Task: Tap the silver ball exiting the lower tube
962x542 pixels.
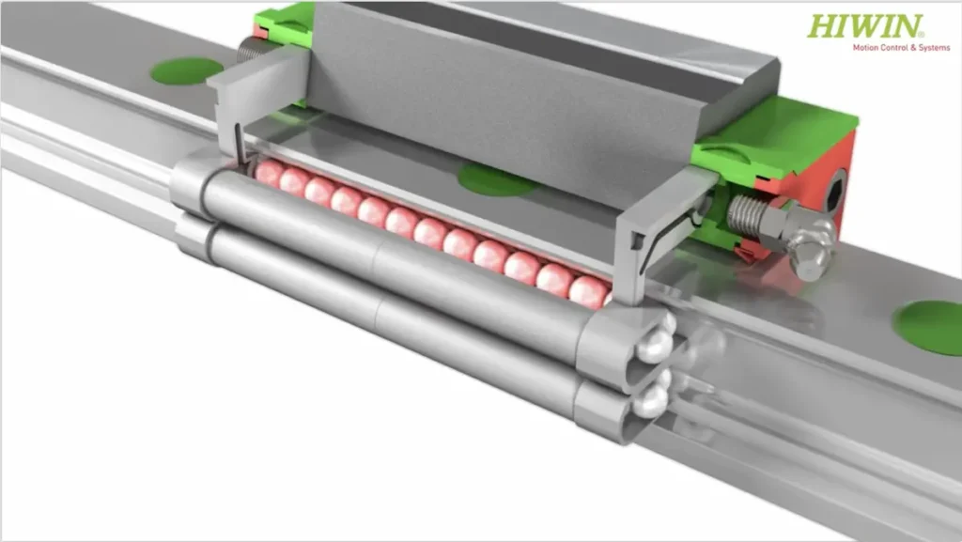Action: (650, 399)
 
